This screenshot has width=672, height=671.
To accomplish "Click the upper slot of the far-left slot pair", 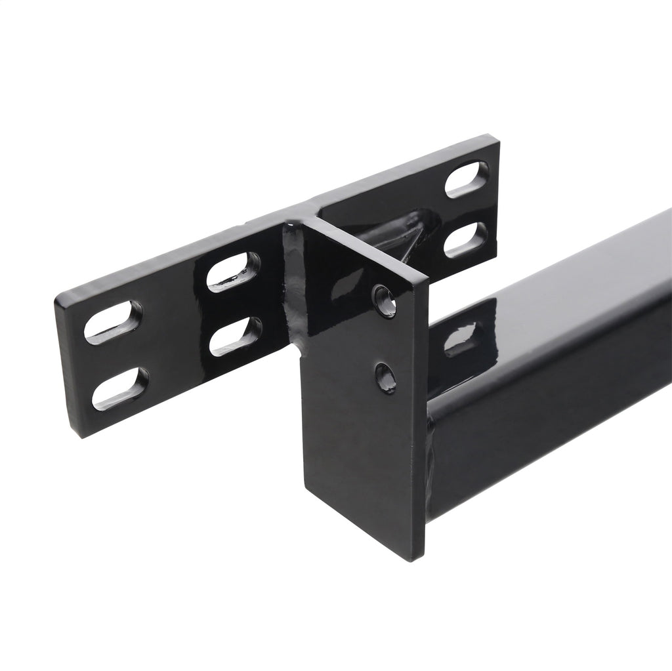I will [x=113, y=322].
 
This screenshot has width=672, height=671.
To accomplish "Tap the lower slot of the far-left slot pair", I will [x=120, y=388].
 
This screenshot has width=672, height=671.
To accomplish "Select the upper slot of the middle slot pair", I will [x=233, y=272].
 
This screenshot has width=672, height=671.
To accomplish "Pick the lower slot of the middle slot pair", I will [x=236, y=336].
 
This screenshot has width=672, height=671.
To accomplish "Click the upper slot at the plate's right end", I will [x=467, y=179].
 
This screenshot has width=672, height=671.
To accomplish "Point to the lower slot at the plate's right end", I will [x=465, y=239].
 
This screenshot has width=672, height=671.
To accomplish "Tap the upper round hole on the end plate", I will [x=386, y=301].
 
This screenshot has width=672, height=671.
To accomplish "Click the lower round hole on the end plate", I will [x=385, y=378].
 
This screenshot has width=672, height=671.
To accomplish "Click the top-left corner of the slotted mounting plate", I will [x=58, y=298].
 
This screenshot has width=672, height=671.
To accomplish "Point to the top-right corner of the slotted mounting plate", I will [x=497, y=138].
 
